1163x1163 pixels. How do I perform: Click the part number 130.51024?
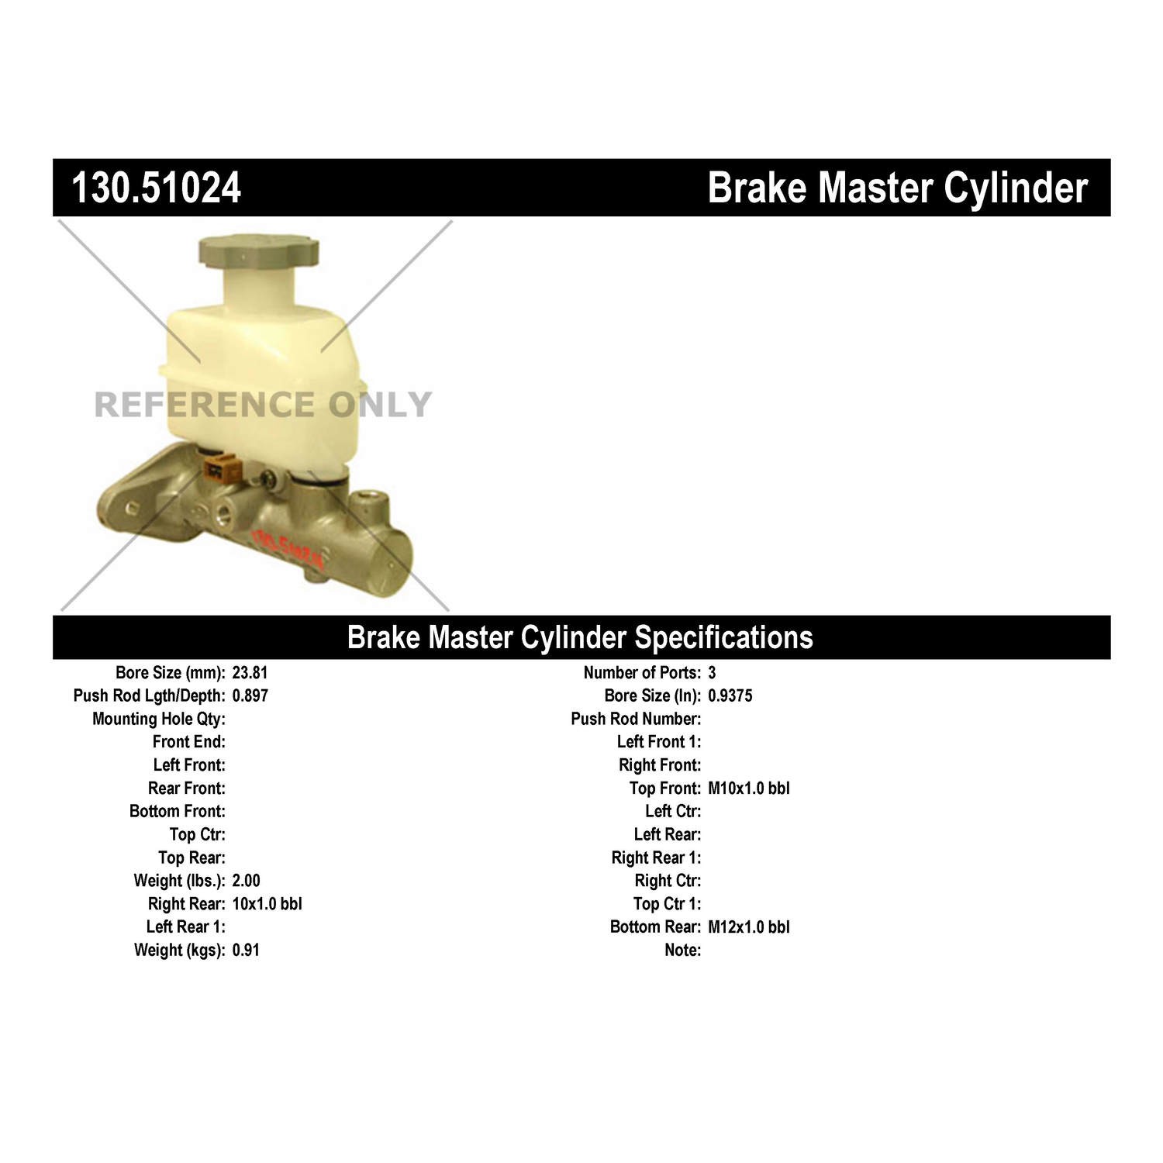[x=157, y=188]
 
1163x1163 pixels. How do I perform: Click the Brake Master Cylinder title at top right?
[x=897, y=188]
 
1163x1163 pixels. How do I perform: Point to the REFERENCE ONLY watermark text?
[x=262, y=405]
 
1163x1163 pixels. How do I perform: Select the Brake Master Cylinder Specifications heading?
[x=580, y=637]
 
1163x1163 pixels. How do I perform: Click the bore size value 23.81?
[x=250, y=673]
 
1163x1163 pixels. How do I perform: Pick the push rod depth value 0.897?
[x=250, y=695]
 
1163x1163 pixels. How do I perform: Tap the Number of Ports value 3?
[x=712, y=673]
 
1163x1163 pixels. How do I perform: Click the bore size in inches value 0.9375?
[x=730, y=695]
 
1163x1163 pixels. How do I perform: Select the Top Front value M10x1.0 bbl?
[x=748, y=789]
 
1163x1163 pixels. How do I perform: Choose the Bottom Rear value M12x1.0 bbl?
[x=748, y=927]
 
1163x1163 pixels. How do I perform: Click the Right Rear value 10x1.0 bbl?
[x=267, y=904]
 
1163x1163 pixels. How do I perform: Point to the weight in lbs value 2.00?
[x=246, y=881]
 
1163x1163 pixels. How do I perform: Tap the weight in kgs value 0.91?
[x=245, y=951]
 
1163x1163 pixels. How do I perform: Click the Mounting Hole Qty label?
[x=159, y=719]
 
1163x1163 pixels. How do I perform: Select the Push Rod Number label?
[x=636, y=719]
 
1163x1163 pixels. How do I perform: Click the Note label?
[x=682, y=951]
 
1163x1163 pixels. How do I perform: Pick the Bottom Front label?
[x=178, y=812]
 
